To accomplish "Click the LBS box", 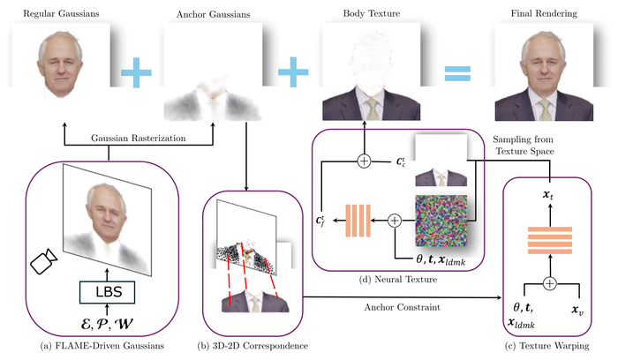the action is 107,292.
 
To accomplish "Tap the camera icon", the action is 44,261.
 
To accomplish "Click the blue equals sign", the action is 457,73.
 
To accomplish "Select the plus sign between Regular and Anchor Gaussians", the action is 136,72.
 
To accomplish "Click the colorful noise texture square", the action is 441,221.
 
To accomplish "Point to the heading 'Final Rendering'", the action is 544,13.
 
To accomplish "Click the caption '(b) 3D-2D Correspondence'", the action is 252,346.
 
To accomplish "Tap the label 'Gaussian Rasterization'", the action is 139,139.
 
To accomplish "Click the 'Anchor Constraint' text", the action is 402,307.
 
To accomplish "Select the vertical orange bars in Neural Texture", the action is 358,221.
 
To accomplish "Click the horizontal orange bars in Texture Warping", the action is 550,240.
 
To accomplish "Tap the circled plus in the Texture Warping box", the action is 549,283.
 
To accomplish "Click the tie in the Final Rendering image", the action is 546,110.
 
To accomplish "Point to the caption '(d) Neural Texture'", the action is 398,280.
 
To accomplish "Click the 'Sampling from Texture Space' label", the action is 524,145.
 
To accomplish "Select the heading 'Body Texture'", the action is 372,13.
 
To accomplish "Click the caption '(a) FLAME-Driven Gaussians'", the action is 102,346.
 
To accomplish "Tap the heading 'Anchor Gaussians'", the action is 214,14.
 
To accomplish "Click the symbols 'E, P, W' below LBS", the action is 107,324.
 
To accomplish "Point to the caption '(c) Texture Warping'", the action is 547,346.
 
